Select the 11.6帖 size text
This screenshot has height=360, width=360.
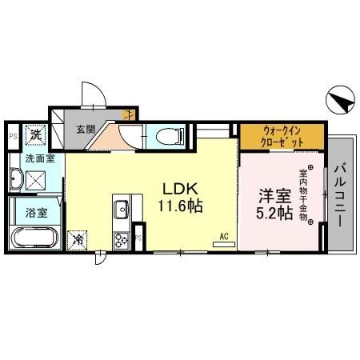pyautogui.click(x=182, y=206)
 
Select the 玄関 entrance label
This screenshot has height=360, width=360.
pyautogui.click(x=86, y=128)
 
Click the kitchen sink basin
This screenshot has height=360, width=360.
pyautogui.click(x=122, y=210)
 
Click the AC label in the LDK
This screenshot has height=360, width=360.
pyautogui.click(x=226, y=237)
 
